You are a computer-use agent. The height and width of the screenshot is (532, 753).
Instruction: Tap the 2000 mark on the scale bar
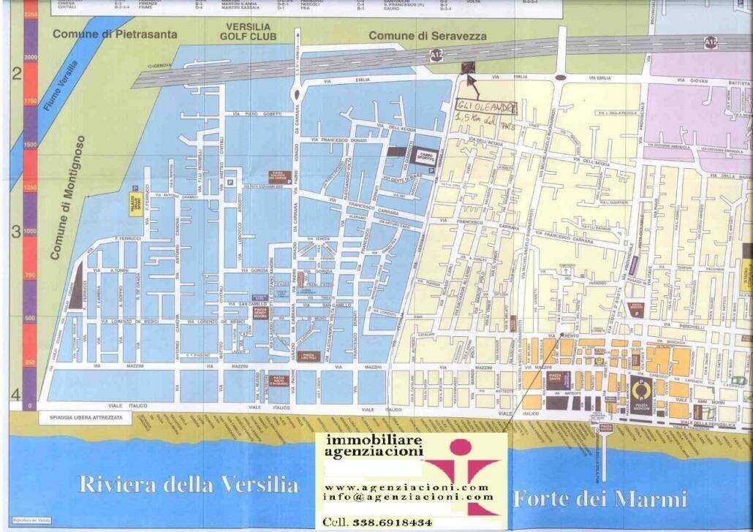coord(30,56)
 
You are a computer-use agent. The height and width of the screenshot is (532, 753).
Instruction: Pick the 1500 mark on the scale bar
coord(30,144)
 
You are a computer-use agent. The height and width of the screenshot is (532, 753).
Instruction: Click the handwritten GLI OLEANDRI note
coord(485,107)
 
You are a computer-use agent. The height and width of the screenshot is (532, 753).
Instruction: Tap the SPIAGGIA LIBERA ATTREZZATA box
coord(81,417)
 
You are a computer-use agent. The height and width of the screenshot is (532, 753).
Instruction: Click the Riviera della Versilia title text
coord(188,484)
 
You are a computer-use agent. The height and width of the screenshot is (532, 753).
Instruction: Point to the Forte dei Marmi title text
coord(599,499)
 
